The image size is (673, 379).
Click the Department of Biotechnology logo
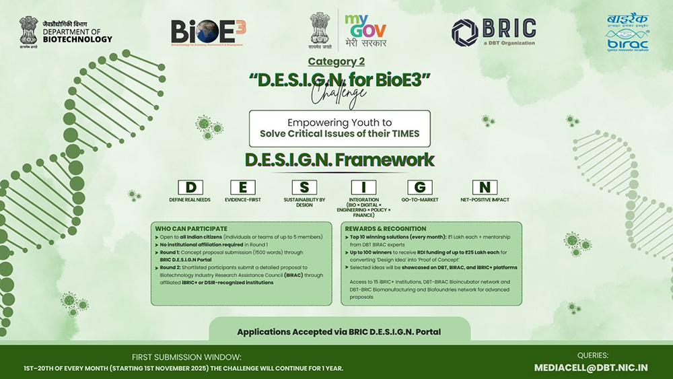[x=66, y=31]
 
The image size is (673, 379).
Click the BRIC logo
[x=494, y=32]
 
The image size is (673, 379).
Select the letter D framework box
[x=190, y=188]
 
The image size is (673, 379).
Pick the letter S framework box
[x=304, y=188]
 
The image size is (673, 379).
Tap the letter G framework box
[x=419, y=188]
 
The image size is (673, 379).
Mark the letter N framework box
[x=485, y=188]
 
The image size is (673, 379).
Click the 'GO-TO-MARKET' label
[x=419, y=200]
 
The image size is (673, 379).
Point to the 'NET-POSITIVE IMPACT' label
[x=485, y=200]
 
